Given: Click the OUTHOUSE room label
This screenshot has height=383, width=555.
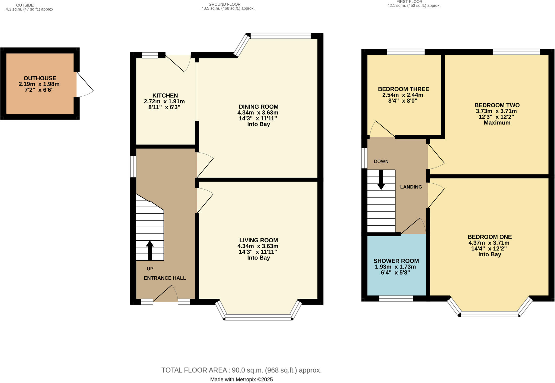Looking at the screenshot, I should (x=40, y=78).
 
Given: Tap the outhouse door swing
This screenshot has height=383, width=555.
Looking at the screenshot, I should (x=85, y=84).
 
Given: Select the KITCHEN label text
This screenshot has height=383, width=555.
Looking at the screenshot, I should (x=165, y=95).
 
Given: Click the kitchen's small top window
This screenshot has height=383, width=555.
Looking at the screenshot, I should (x=150, y=55).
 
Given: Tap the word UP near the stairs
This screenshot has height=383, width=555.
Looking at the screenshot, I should (x=150, y=269).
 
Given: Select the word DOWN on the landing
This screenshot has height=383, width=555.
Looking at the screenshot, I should (x=381, y=161).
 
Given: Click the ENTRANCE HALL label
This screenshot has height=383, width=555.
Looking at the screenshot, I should (x=165, y=278).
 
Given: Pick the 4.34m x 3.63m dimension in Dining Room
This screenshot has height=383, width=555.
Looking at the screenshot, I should (x=258, y=113).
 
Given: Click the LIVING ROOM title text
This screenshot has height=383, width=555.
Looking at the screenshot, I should (x=259, y=240).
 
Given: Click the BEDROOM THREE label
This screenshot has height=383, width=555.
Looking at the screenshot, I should (x=404, y=89).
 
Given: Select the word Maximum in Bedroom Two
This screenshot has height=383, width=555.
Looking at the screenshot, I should (x=497, y=123).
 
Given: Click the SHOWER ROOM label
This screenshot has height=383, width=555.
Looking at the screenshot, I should (x=396, y=261).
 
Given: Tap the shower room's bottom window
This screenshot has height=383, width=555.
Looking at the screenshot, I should (x=396, y=299).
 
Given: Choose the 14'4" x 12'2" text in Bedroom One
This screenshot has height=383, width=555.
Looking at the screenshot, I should (x=489, y=248).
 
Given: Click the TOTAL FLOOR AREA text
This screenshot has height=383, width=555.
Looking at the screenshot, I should (x=241, y=370).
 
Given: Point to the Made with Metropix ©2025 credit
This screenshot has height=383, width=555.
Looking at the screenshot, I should (x=241, y=379).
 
